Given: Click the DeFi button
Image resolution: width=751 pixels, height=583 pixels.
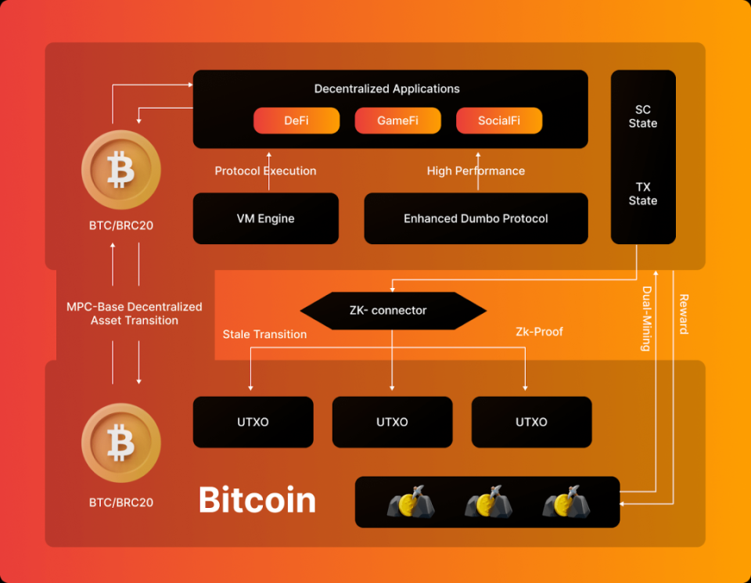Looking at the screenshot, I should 296,121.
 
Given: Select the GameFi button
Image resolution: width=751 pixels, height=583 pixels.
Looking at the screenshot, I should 397,121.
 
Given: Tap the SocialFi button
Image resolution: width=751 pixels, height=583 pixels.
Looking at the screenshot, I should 499,121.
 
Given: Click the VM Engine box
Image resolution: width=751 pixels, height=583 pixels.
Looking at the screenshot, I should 266,218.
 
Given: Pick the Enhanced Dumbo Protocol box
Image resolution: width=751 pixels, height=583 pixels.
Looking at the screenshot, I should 476,218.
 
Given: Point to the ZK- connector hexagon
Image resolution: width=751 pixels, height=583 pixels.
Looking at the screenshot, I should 393,311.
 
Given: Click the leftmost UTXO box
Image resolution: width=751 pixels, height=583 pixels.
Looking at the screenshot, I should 253,422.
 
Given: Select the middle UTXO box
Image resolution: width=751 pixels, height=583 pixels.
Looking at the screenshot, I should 392,422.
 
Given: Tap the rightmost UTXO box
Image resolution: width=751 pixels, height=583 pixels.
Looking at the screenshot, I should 531,422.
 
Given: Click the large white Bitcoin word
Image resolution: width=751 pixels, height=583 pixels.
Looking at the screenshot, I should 257,500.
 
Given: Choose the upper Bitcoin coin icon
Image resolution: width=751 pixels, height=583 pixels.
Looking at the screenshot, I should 121,170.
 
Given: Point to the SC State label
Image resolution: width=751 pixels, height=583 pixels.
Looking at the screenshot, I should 642,117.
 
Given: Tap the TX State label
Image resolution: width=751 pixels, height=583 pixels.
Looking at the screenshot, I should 642,194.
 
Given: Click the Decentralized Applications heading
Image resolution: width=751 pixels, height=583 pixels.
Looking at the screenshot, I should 387,88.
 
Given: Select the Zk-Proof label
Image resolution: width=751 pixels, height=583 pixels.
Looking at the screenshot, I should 539,332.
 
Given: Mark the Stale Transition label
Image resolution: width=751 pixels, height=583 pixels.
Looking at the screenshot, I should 264,334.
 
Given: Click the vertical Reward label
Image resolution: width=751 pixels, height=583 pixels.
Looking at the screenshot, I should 683,315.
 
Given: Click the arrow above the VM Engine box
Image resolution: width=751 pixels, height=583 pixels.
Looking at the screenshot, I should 268,171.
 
